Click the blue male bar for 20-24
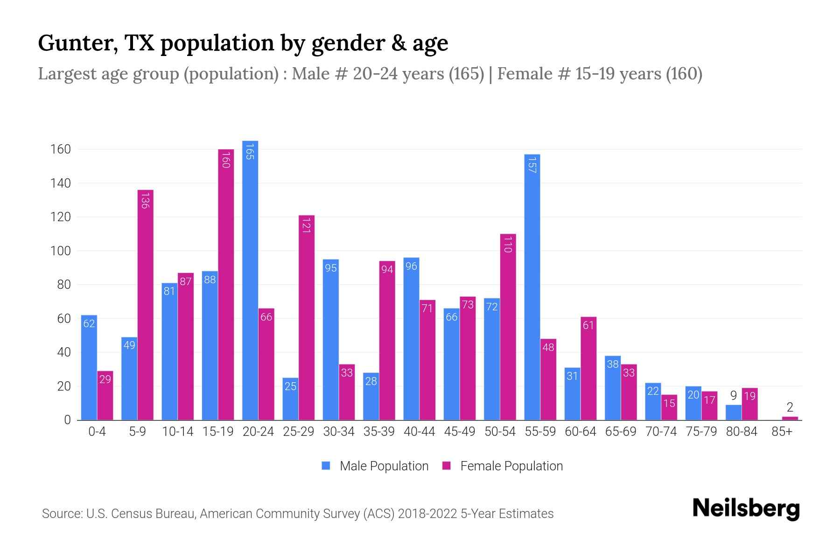point(250,280)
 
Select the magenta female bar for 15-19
point(226,285)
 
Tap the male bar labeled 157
point(532,287)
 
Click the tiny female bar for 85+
point(790,418)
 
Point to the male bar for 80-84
point(734,413)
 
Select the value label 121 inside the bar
point(307,226)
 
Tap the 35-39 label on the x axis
point(379,432)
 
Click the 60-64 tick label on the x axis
point(580,432)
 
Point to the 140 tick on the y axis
point(61,183)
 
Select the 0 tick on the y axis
point(67,420)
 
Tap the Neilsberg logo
point(746,509)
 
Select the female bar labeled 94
point(387,340)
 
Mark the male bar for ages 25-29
point(290,399)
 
